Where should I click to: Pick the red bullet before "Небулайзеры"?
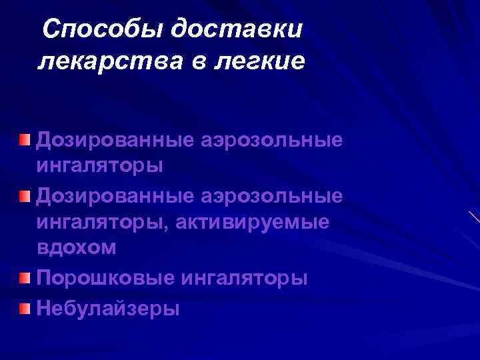24,307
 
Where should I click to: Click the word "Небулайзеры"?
109,308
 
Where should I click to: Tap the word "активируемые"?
253,222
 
